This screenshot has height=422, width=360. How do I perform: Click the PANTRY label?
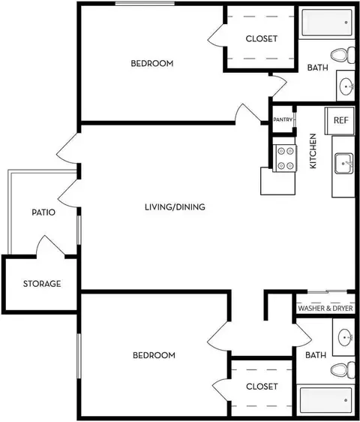tap(283, 119)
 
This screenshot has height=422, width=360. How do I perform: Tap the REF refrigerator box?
tap(340, 121)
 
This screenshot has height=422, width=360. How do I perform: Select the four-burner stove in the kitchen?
tap(285, 158)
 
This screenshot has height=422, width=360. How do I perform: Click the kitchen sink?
tap(343, 164)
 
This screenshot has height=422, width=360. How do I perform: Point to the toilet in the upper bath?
tap(343, 55)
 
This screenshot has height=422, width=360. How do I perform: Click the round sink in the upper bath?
tap(346, 86)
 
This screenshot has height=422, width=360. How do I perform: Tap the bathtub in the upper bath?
tap(327, 23)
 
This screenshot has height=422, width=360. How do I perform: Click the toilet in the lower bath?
tap(343, 370)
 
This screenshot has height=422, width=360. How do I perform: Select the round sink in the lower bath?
tap(345, 337)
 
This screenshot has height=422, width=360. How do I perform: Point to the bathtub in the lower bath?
tap(325, 400)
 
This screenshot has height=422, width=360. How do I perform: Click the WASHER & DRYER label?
tap(325, 308)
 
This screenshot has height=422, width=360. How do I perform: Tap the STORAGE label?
tap(42, 284)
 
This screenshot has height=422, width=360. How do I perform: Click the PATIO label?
tap(43, 213)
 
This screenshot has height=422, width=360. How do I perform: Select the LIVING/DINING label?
tap(175, 207)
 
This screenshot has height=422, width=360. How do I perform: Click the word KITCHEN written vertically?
tap(313, 151)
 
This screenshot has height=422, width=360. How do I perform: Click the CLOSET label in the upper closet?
tap(261, 39)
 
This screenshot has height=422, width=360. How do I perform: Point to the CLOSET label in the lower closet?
tap(262, 387)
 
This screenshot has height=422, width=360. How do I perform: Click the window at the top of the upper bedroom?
tap(145, 4)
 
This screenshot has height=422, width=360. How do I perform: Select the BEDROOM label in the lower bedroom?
tap(154, 355)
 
